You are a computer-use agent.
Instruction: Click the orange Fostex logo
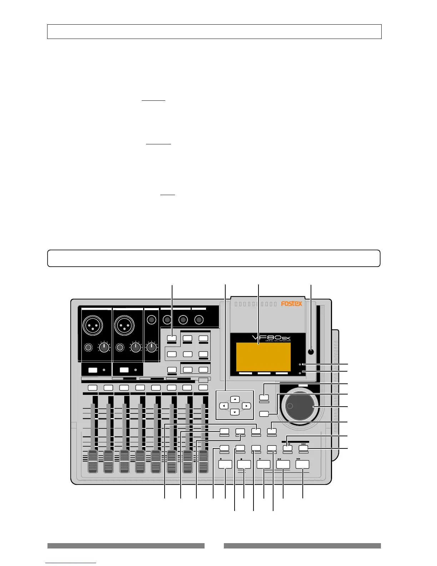tap(291, 304)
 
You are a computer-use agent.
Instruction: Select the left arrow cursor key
tap(224, 406)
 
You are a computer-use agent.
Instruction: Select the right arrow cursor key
tap(246, 406)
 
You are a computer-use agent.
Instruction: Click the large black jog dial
tap(300, 406)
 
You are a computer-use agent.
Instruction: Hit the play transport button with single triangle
tap(263, 464)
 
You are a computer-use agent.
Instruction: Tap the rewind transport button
tap(283, 464)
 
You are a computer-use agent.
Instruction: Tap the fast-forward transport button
tap(302, 464)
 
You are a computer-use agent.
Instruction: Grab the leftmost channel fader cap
tap(93, 462)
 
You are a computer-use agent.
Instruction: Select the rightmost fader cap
tap(203, 462)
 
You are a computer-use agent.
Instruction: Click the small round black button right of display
tap(311, 351)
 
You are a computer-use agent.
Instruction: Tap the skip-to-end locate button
tap(303, 448)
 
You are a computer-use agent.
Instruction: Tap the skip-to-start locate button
tap(288, 448)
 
